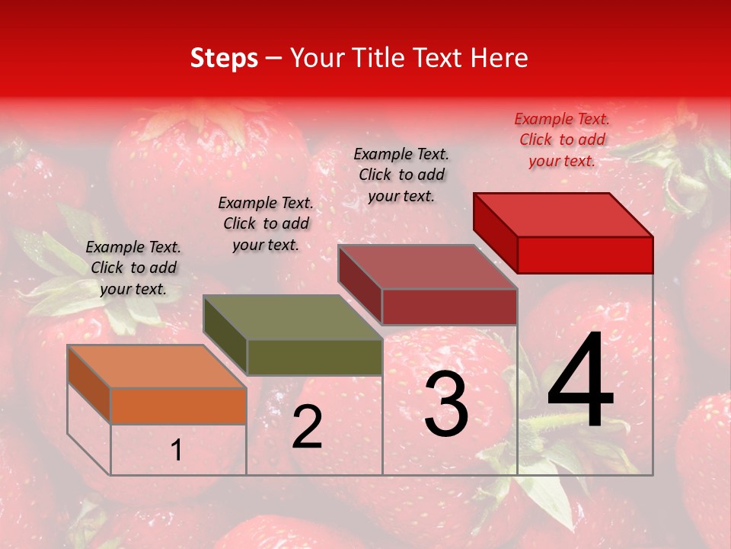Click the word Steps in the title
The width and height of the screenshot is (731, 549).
point(223,59)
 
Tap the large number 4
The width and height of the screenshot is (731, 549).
point(580,381)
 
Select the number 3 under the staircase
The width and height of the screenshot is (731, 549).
point(446,404)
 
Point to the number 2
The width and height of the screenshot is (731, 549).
point(307,427)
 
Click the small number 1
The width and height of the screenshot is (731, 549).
point(177,451)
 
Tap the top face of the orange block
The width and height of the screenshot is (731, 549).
point(156,367)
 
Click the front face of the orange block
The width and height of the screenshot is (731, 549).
point(178,406)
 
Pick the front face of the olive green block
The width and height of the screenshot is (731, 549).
point(314,357)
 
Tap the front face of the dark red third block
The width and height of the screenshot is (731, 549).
point(449,307)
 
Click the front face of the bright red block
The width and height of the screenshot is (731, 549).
point(585,255)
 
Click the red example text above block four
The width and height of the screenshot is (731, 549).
point(562,140)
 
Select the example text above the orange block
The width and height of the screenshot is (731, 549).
point(133,268)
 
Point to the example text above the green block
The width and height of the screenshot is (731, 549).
point(266,223)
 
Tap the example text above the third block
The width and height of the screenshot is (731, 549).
point(401,175)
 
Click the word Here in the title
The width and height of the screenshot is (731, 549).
point(500,59)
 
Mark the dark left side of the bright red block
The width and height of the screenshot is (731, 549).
point(495,233)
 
